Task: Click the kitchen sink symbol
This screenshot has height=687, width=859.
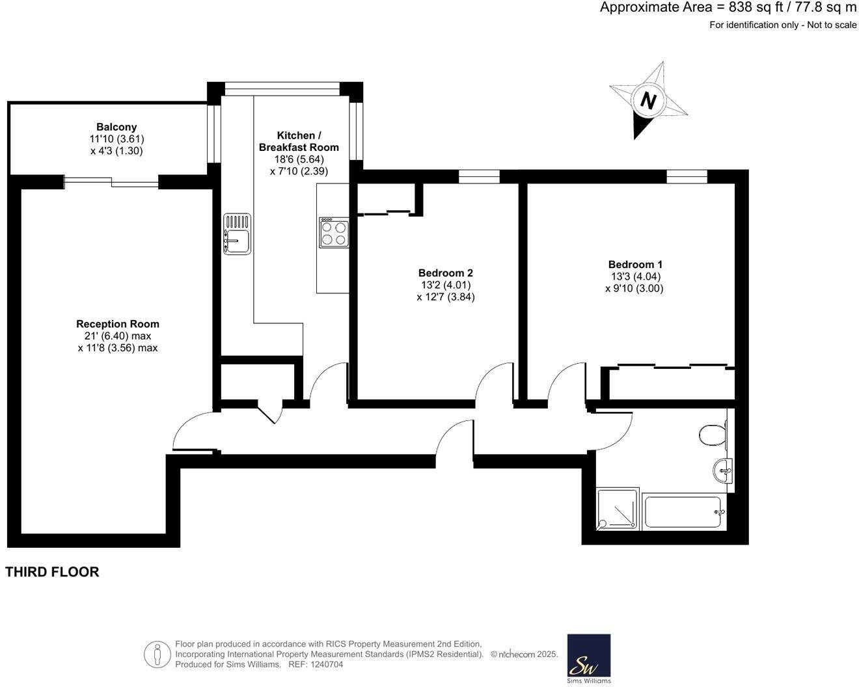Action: click(237, 234)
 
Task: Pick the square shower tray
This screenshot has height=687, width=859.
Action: click(618, 508)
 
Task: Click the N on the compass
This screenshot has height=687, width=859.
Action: click(648, 101)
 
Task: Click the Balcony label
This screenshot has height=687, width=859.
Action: click(116, 127)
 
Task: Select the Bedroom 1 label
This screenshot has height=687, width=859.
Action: click(635, 264)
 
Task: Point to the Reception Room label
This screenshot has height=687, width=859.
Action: click(117, 324)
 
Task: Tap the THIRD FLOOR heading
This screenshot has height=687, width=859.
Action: click(52, 572)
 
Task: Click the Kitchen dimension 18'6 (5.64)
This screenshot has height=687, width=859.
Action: click(299, 159)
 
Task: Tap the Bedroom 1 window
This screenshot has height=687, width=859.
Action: click(687, 176)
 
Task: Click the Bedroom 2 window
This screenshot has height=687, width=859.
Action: click(479, 176)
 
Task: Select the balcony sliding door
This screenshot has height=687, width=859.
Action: click(111, 182)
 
